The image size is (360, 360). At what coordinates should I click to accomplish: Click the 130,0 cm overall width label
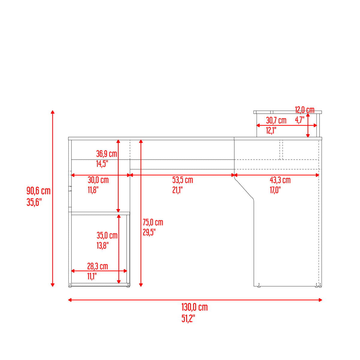click(194, 307)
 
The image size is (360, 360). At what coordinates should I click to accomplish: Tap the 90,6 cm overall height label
click(38, 191)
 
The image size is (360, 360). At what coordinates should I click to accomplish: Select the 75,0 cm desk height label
click(153, 222)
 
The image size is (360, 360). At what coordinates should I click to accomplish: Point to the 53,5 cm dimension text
click(182, 180)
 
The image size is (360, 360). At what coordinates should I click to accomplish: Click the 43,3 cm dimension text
click(280, 180)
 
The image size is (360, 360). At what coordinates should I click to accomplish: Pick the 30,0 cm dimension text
click(98, 180)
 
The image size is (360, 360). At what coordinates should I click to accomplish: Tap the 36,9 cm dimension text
click(106, 154)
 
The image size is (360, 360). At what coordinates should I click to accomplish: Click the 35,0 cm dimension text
click(107, 235)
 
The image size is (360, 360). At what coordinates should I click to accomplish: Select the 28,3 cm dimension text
click(97, 266)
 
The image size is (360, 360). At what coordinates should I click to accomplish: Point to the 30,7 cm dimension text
click(276, 121)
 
